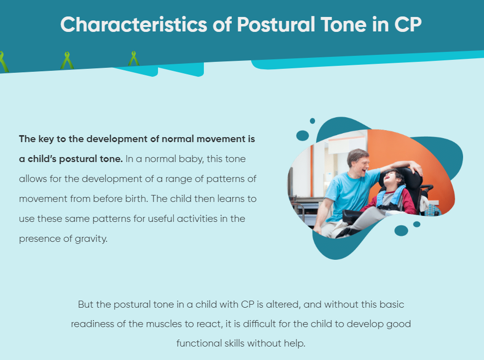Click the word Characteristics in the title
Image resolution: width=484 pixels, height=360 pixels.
click(134, 24)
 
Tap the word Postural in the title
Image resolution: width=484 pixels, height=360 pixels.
click(276, 24)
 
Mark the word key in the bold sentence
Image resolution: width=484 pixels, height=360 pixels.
click(46, 140)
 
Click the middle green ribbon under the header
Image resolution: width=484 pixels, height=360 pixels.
click(67, 61)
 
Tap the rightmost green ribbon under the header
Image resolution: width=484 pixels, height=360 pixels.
click(134, 59)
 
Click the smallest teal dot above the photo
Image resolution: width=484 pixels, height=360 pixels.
click(313, 121)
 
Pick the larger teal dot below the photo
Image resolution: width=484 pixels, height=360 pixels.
click(401, 231)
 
